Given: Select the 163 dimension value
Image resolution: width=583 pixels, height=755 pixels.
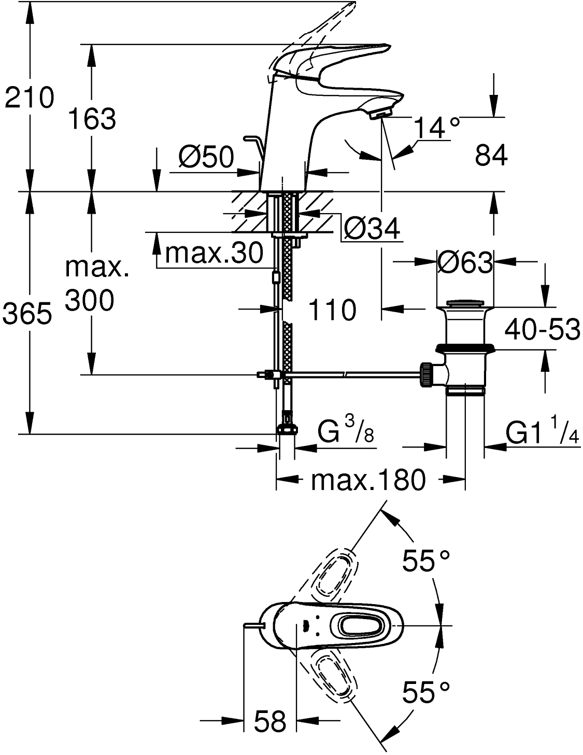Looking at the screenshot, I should pos(93,119).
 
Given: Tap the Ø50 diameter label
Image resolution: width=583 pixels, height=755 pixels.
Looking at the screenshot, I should pos(206,157).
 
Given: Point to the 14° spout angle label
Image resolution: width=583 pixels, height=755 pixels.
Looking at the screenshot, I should pos(437,128).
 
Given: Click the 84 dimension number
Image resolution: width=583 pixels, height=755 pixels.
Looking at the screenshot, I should pos(491,155).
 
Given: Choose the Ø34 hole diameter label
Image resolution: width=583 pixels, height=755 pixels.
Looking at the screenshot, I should pos(373,229).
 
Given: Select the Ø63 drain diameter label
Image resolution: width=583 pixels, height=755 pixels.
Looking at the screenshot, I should pos(464,263).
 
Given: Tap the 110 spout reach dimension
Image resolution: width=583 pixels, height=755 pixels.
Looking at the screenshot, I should pos(332,311).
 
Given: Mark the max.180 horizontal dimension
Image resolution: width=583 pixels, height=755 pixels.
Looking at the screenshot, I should pos(367,481).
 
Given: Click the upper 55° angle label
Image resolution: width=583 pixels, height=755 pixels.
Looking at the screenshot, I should pos(426,561).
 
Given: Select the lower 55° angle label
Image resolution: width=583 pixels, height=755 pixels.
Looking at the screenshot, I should pos(426,692).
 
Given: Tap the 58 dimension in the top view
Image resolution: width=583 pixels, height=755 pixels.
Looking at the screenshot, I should pos(270,721).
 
